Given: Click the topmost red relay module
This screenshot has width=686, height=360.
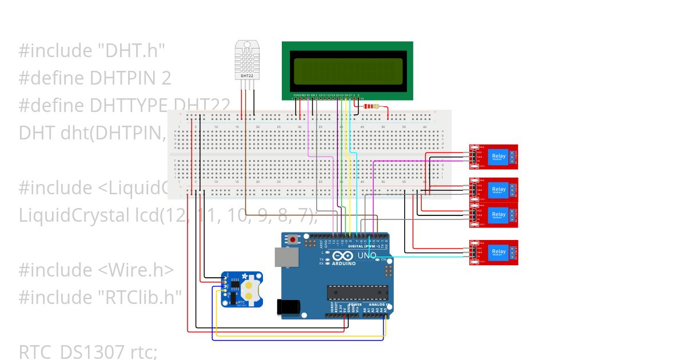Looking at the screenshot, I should tap(493, 157).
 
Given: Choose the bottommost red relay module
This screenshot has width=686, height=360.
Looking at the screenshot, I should tap(493, 253).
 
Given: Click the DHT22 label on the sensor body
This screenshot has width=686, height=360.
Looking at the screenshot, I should tap(247, 75).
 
